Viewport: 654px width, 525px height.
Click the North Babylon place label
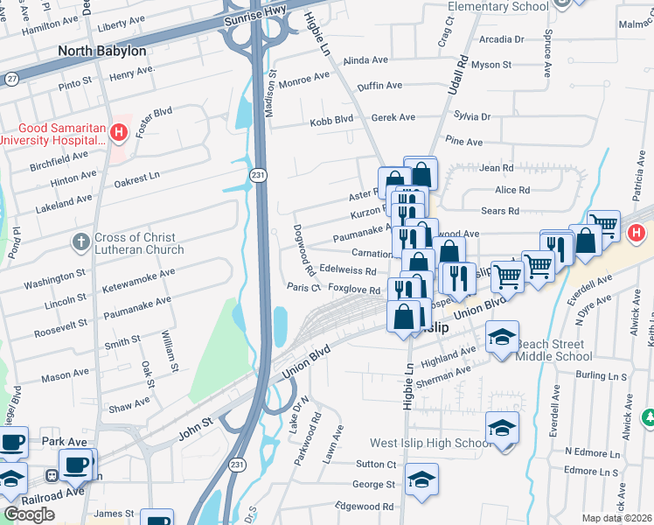pyautogui.click(x=101, y=51)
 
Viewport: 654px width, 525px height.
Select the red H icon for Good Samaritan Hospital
pyautogui.click(x=120, y=134)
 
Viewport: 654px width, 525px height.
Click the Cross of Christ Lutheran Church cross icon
pyautogui.click(x=80, y=242)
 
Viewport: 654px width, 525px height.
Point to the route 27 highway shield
pyautogui.click(x=11, y=79)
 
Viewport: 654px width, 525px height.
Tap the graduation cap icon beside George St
pyautogui.click(x=421, y=480)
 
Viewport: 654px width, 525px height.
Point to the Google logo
pyautogui.click(x=29, y=514)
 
